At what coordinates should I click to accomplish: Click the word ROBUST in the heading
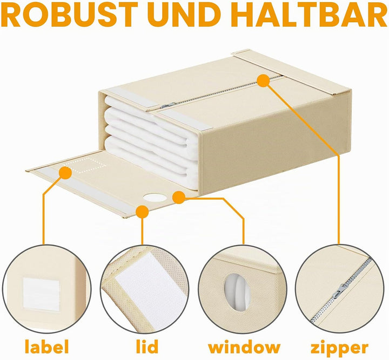tap(70, 15)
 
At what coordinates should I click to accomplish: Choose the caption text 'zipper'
tap(339, 348)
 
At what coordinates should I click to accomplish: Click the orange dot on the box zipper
tap(263, 80)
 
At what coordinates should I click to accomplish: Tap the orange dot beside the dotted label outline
tap(65, 172)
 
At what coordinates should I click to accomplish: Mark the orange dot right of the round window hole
tap(179, 197)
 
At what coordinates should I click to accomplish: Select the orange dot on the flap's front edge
tap(142, 212)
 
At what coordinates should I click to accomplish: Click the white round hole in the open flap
tap(155, 198)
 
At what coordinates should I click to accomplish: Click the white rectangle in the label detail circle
tap(41, 294)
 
